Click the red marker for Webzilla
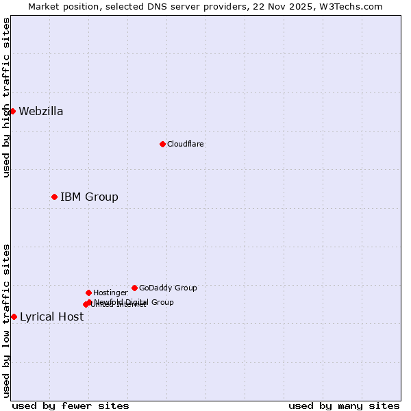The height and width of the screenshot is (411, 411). pos(12,111)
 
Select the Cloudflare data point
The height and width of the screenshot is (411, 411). pos(162,144)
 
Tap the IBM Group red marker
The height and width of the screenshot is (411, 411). pos(54,197)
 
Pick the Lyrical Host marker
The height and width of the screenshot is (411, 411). pos(14,316)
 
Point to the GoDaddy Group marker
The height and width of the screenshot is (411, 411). pos(134,288)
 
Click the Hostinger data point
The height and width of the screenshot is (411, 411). pos(88,292)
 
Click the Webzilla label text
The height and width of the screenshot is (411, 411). pos(41,112)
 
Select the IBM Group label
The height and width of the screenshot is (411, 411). pos(89,197)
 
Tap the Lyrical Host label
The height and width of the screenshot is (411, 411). pos(51,316)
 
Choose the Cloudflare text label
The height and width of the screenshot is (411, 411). pos(186,145)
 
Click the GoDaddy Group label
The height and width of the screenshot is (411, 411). pos(168,288)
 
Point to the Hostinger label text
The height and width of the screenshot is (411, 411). pos(110,293)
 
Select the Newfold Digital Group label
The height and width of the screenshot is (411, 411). pos(134,302)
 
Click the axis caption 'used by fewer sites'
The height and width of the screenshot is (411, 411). pos(71,406)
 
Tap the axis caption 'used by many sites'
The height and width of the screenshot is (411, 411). pos(344,406)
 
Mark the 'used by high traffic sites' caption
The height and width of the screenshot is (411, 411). pos(6,97)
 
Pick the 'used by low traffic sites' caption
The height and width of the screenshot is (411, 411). pos(6,321)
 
